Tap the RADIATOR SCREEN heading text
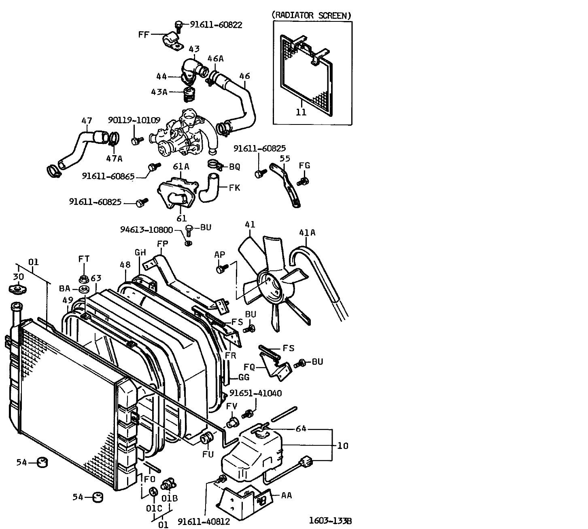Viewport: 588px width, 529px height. [311, 15]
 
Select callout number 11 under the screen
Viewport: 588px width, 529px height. [301, 112]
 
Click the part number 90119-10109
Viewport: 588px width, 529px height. [134, 120]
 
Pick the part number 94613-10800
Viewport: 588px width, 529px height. [146, 230]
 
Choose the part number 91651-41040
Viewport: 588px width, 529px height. [256, 393]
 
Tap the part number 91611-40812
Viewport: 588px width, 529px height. [204, 522]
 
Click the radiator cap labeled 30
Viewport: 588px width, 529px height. [17, 289]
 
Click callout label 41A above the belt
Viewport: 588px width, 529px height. [307, 233]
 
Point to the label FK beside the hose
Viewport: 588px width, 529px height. [234, 188]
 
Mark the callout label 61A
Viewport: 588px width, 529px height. [181, 166]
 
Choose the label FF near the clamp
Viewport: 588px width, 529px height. [144, 34]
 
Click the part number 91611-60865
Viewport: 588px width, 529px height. [108, 176]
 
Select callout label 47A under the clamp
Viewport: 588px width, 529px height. [114, 159]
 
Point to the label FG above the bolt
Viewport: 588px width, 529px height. [304, 165]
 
